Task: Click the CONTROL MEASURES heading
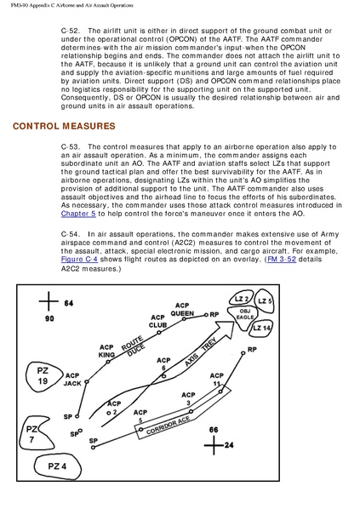[64, 126]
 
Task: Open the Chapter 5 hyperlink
[78, 214]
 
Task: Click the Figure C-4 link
[79, 260]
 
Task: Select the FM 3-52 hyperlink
[282, 260]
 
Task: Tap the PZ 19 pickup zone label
[43, 376]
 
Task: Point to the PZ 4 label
[57, 466]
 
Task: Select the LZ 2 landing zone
[242, 299]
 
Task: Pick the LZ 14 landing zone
[261, 328]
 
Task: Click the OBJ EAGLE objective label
[245, 314]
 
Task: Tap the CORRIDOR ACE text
[168, 425]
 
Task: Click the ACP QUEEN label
[182, 310]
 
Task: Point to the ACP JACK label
[72, 380]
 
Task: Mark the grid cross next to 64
[49, 301]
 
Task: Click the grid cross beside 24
[214, 444]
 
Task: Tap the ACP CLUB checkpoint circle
[159, 333]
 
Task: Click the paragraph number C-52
[70, 31]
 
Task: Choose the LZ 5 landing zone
[264, 301]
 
